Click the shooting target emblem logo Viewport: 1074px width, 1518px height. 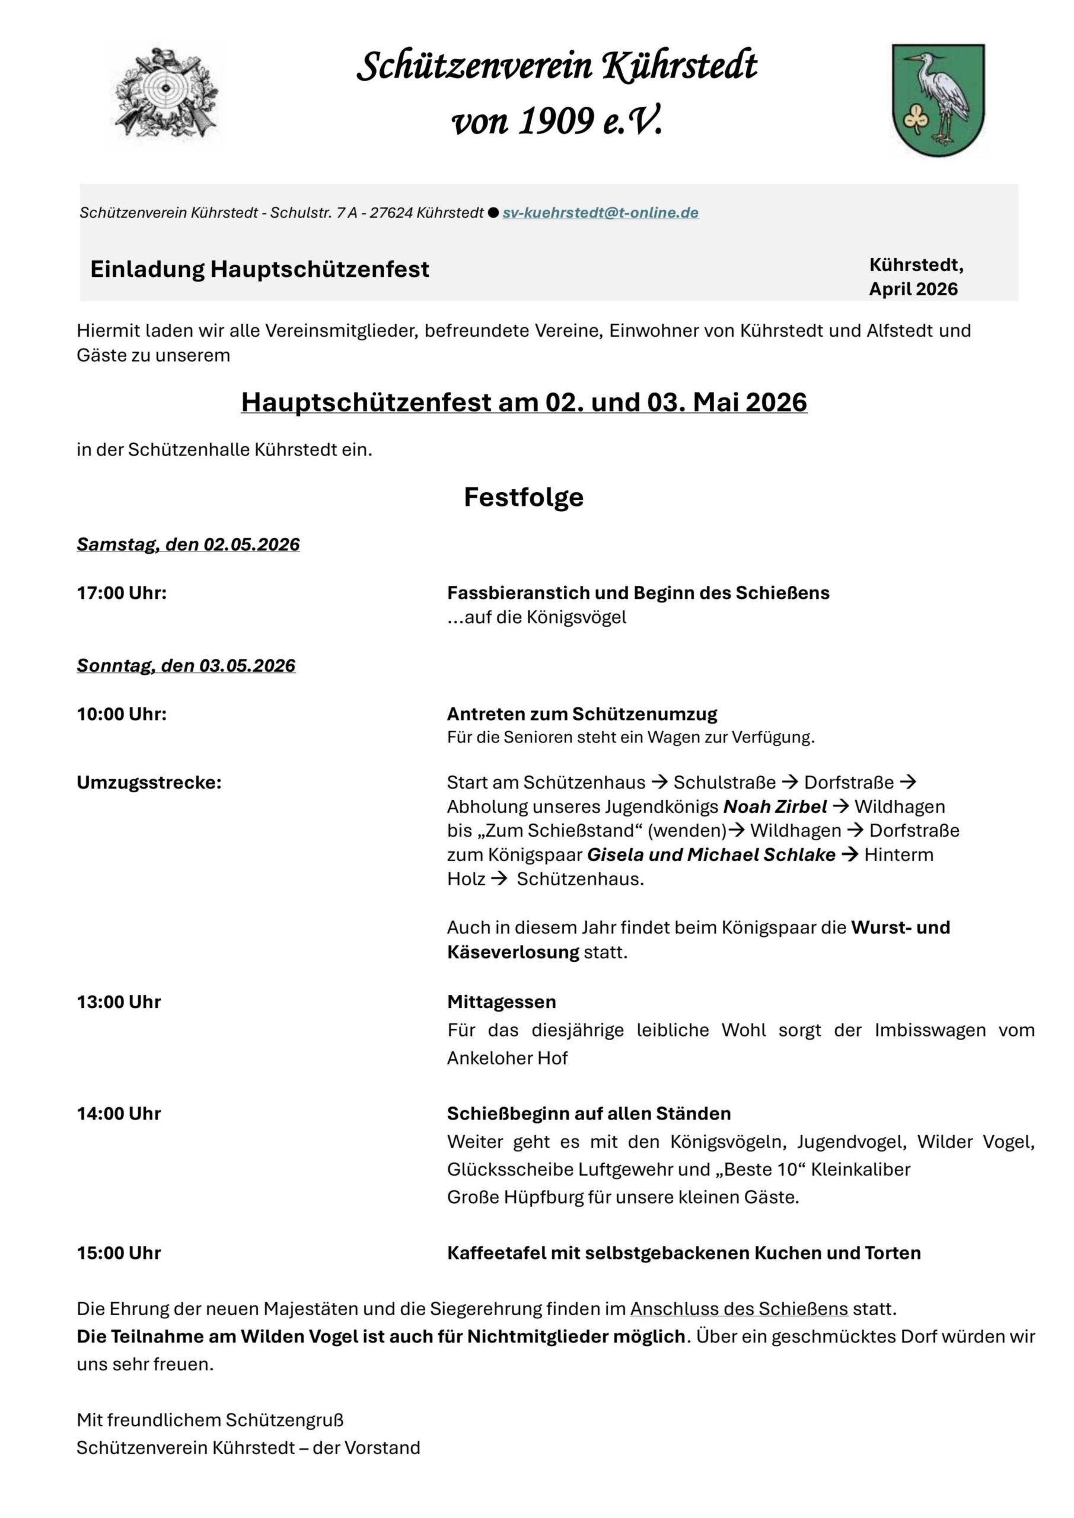point(165,93)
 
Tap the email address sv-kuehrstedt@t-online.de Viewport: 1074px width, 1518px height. point(601,213)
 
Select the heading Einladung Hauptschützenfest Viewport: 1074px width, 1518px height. point(260,269)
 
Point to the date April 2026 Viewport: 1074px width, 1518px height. point(913,289)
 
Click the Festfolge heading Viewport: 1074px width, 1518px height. point(524,497)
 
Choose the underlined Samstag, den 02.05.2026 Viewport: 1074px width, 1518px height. point(189,544)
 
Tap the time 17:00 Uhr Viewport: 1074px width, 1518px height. point(122,592)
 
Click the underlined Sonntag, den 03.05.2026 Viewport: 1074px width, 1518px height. point(186,665)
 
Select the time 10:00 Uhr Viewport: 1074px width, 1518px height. point(122,714)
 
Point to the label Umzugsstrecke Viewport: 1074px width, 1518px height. point(149,782)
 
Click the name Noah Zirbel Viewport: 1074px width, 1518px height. point(775,806)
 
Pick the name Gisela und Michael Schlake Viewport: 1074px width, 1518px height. point(711,855)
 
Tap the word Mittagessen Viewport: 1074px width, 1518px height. point(501,1002)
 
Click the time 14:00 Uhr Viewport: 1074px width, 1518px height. point(119,1114)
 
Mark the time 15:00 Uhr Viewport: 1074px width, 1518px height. point(119,1253)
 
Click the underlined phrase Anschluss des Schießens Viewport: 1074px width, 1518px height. point(739,1309)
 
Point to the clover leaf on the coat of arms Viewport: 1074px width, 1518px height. point(915,120)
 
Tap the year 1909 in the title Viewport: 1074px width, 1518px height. point(556,121)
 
